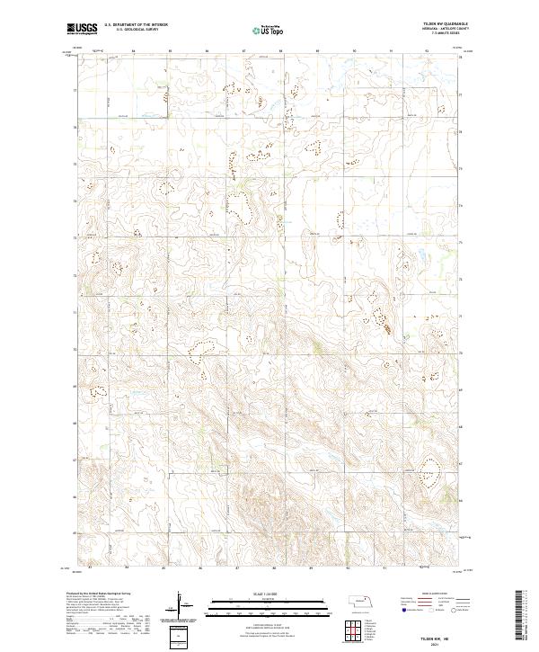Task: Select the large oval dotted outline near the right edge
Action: (x=428, y=470)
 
